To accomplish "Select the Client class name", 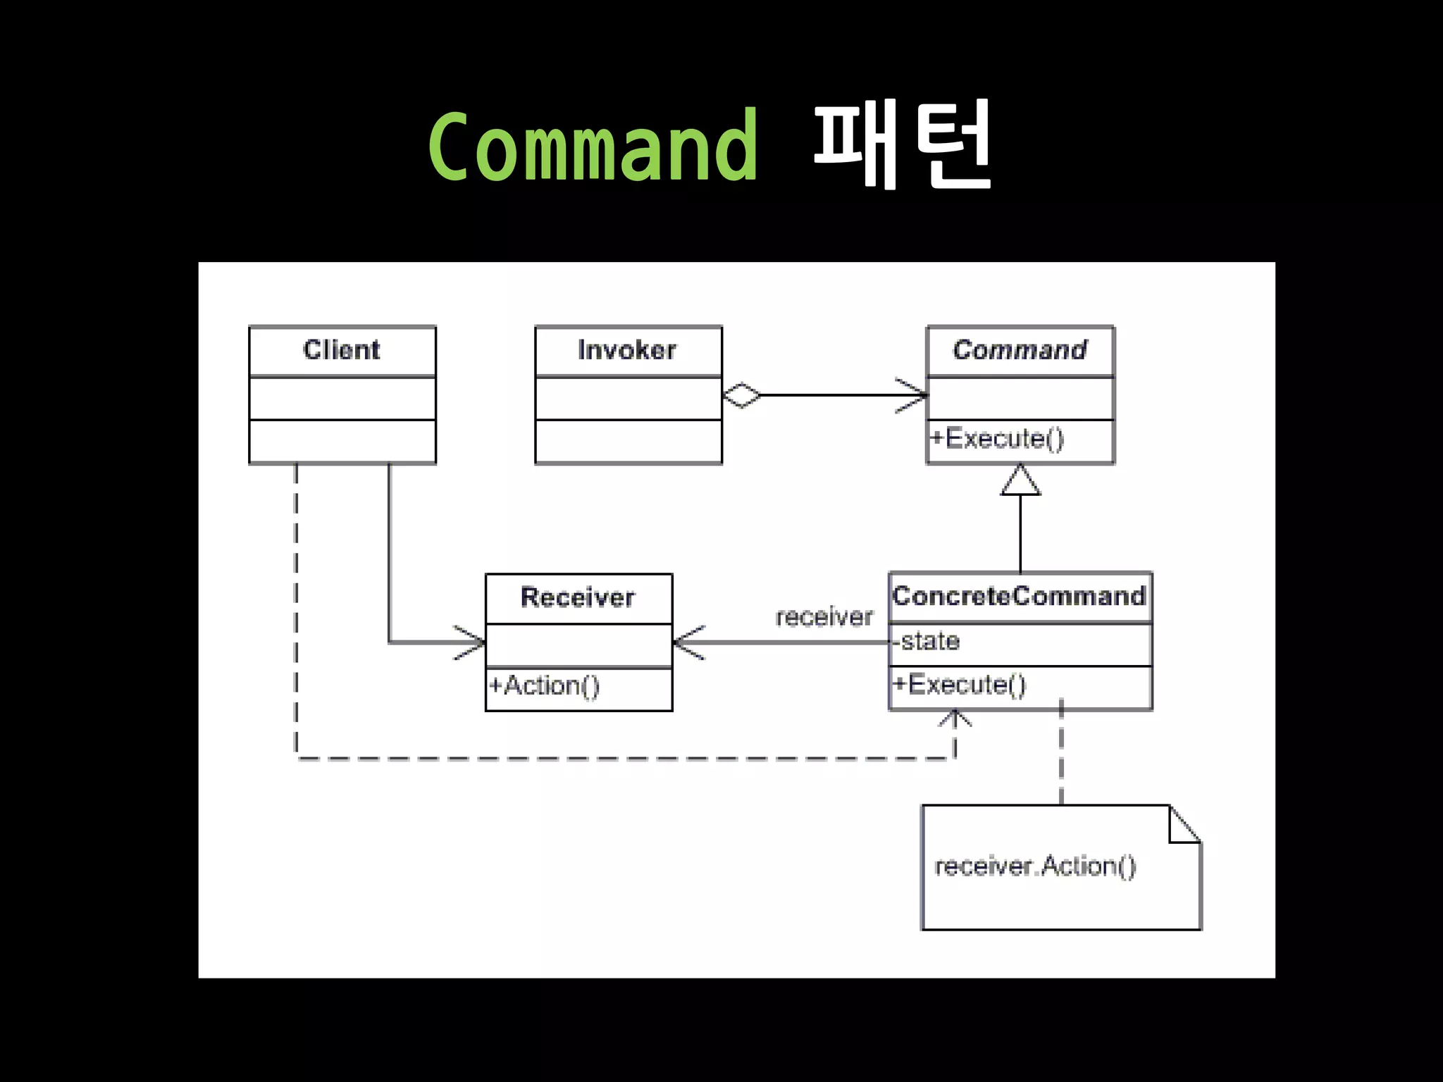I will (x=342, y=350).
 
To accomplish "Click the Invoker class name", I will (x=627, y=350).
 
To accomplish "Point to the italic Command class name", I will (x=1020, y=350).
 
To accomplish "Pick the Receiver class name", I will (x=578, y=597).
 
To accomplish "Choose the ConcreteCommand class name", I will (x=1019, y=597).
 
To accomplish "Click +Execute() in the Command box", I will (x=997, y=439).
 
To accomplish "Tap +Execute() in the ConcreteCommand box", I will (x=960, y=685).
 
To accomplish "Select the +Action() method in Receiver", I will (x=545, y=685).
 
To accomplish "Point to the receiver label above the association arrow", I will (x=824, y=617).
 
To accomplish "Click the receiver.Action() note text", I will (x=1035, y=866).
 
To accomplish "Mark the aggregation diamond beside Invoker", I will (x=742, y=395).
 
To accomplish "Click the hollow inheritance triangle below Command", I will (x=1020, y=480).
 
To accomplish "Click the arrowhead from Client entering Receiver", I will (x=473, y=642).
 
